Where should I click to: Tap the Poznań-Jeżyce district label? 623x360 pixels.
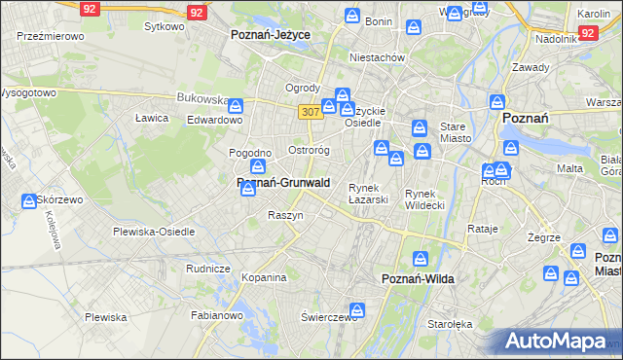pyautogui.click(x=270, y=34)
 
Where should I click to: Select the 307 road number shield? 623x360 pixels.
pyautogui.click(x=311, y=113)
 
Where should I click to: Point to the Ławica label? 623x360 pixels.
pyautogui.click(x=153, y=118)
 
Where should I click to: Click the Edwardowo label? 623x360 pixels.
pyautogui.click(x=214, y=120)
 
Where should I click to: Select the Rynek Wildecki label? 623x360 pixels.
pyautogui.click(x=424, y=198)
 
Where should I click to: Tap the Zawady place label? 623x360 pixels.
pyautogui.click(x=531, y=67)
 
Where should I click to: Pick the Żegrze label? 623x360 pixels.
pyautogui.click(x=543, y=237)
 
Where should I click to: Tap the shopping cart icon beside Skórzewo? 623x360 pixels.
pyautogui.click(x=30, y=201)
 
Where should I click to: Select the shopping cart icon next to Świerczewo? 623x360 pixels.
pyautogui.click(x=357, y=310)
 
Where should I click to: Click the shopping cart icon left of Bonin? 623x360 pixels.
pyautogui.click(x=351, y=16)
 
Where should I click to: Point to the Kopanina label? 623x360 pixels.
pyautogui.click(x=264, y=277)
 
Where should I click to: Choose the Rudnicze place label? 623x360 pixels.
pyautogui.click(x=207, y=269)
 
